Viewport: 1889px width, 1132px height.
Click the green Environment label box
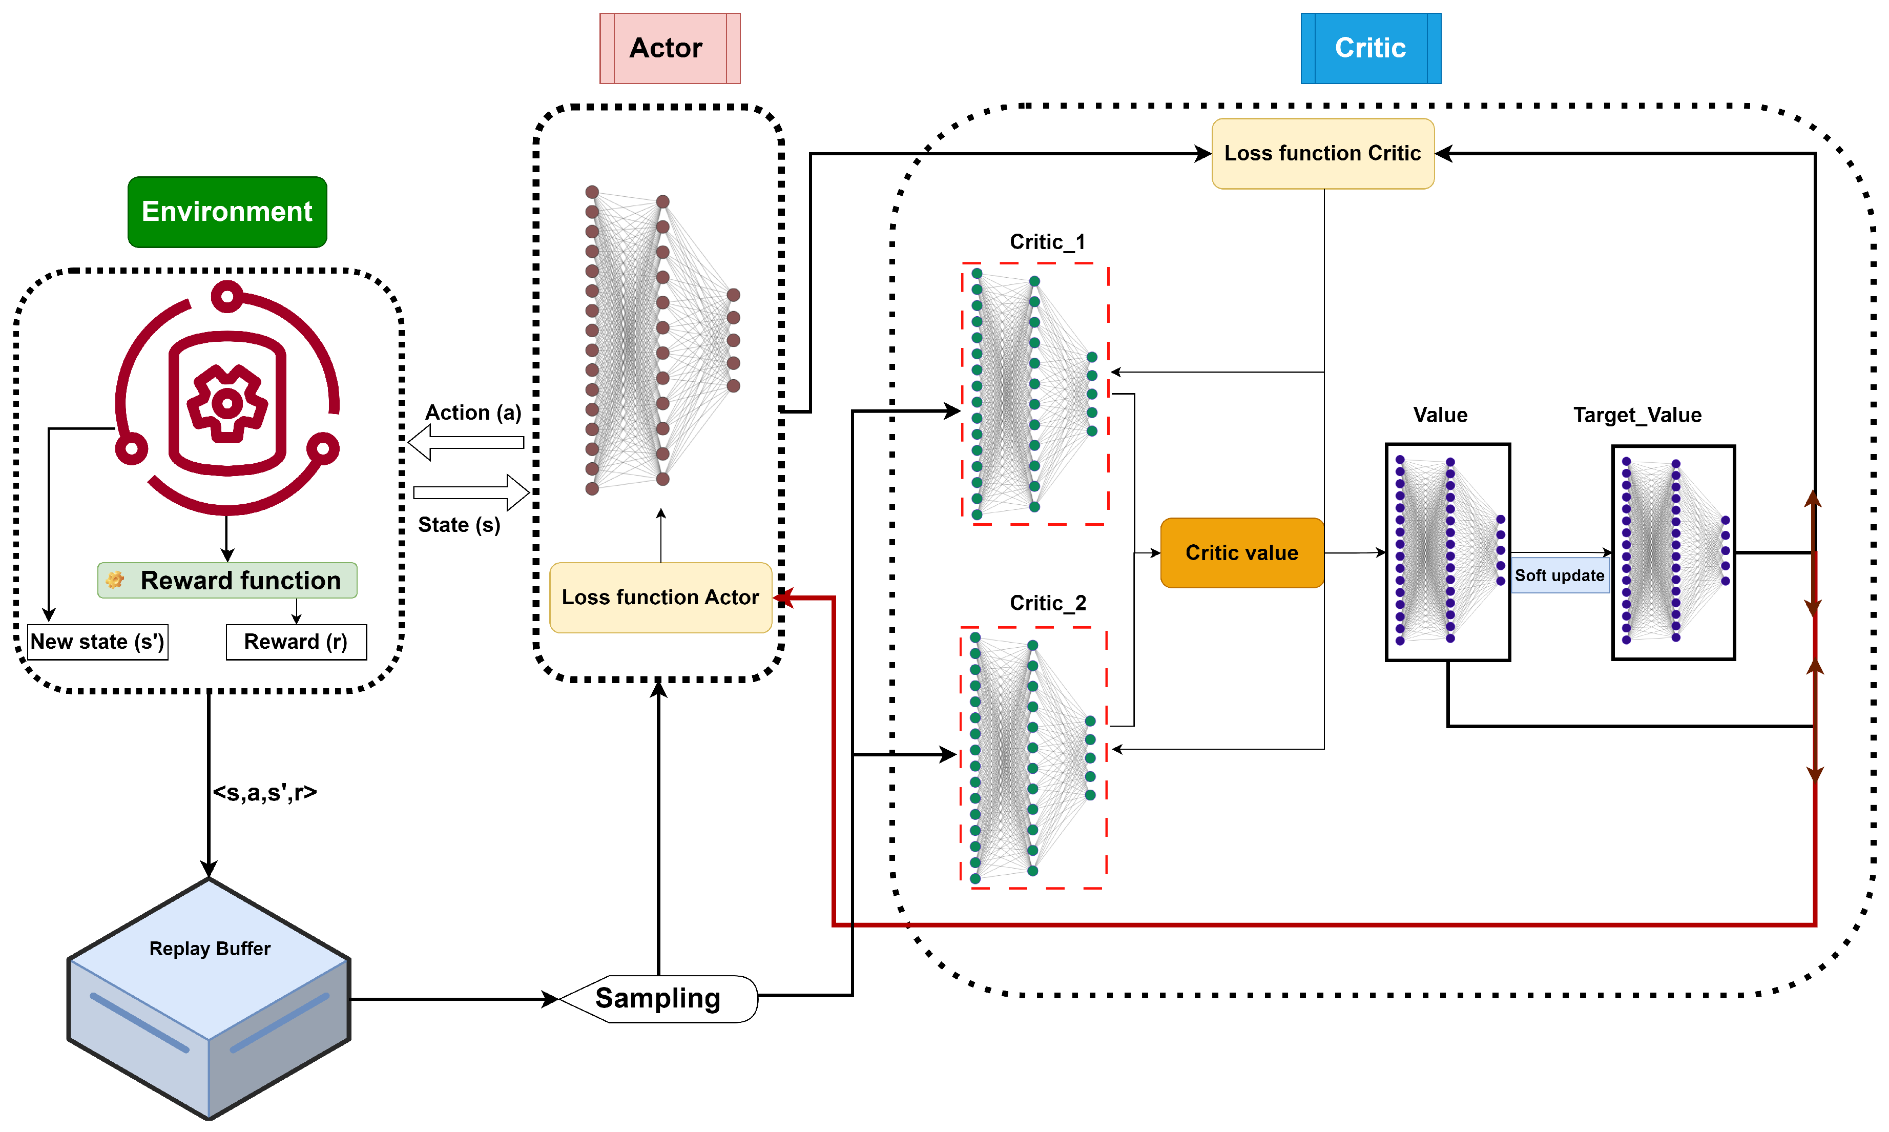tap(227, 212)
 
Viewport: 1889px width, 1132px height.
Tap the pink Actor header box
tap(669, 48)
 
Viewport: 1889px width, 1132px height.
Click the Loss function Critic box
tap(1322, 153)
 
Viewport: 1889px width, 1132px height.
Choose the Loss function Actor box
tap(660, 598)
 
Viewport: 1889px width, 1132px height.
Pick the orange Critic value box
tap(1241, 553)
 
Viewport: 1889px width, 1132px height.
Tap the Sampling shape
tap(657, 999)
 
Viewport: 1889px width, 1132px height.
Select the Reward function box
tap(227, 581)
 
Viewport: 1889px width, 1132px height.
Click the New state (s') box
tap(98, 642)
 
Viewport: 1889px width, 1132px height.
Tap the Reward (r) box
tap(296, 642)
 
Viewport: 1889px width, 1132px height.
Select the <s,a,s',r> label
tap(264, 793)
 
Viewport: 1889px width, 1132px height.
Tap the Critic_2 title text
tap(1047, 603)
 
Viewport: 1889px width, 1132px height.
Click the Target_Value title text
tap(1636, 415)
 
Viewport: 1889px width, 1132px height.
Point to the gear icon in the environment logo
tap(227, 403)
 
